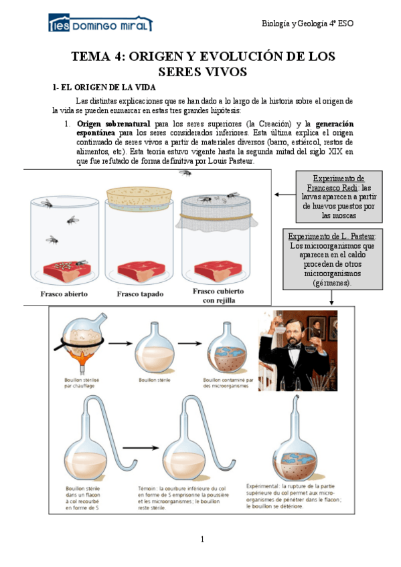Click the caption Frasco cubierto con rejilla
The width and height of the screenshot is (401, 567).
(x=218, y=296)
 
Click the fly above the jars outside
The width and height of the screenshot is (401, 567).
(x=185, y=173)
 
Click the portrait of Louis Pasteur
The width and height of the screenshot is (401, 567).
(x=298, y=350)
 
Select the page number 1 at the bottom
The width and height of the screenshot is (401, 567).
(x=202, y=539)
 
